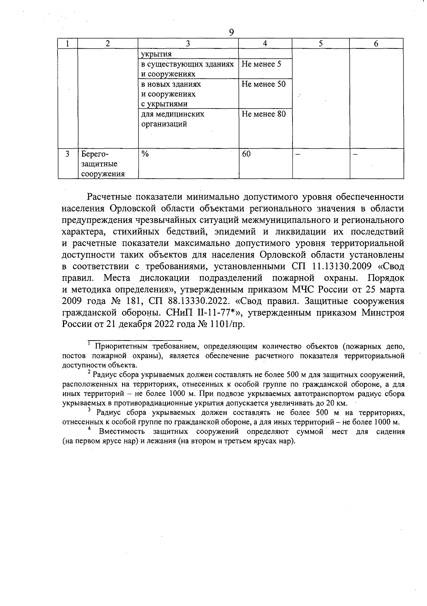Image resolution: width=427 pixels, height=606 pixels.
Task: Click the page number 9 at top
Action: (x=231, y=32)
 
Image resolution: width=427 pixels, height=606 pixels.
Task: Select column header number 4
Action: (x=265, y=44)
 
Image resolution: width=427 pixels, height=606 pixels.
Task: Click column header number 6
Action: (x=376, y=44)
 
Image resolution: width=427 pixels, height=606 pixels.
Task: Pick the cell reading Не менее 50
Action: (x=263, y=84)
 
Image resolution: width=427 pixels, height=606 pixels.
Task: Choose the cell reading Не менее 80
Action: (x=263, y=114)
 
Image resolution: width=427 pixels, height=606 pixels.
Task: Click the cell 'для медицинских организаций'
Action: (x=173, y=119)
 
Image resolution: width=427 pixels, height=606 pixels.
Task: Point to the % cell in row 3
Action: (x=145, y=154)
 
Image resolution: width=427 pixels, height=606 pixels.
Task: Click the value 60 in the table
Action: (x=246, y=154)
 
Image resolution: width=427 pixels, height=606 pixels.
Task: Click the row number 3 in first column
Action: (x=68, y=154)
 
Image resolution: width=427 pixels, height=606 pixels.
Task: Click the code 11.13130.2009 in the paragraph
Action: (x=338, y=266)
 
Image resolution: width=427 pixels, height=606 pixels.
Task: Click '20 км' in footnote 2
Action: (x=336, y=404)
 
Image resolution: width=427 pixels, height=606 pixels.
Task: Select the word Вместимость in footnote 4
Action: (x=122, y=432)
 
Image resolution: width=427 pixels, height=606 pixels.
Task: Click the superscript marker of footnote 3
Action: (x=89, y=410)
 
